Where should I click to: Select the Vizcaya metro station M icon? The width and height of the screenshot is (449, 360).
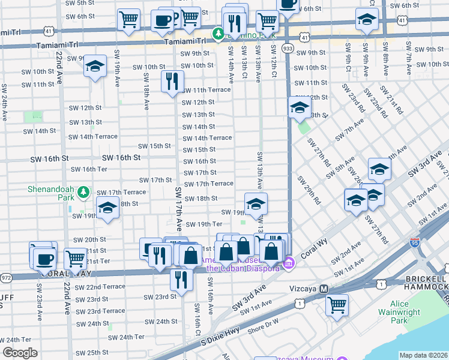(x=324, y=289)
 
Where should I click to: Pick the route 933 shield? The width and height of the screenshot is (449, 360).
(x=288, y=47)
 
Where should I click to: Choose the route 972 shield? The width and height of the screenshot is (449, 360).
(x=6, y=277)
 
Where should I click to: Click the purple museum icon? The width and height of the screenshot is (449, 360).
(x=289, y=262)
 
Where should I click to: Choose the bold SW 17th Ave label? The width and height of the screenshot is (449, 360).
(x=178, y=209)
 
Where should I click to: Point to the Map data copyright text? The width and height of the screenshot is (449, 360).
(x=423, y=355)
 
